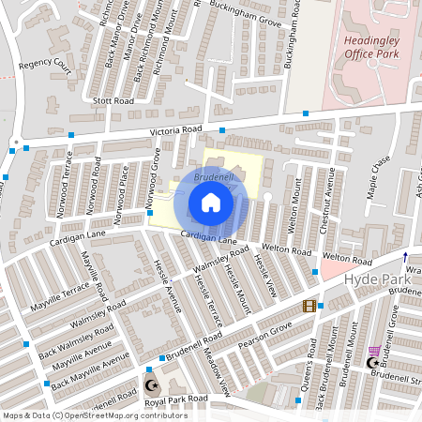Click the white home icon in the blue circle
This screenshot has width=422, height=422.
[x=211, y=203]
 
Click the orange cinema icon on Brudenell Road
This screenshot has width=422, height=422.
[x=309, y=306]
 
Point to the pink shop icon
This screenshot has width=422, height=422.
[x=375, y=350]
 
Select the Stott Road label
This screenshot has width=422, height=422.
[x=112, y=99]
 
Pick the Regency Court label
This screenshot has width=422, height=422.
[x=45, y=66]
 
